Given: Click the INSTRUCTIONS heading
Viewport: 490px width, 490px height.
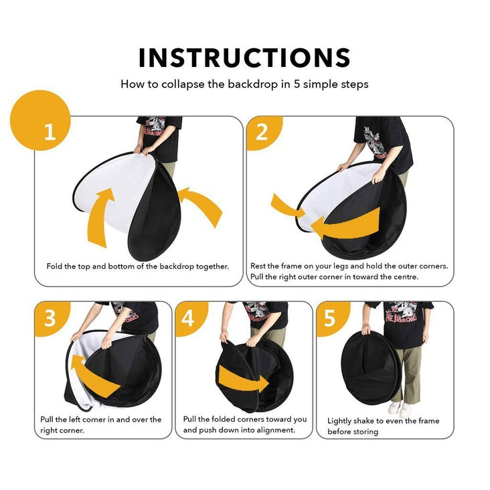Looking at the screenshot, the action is [x=244, y=58].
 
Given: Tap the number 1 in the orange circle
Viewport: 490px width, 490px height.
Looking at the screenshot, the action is [x=50, y=132].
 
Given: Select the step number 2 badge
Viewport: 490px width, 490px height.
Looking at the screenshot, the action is [x=264, y=133].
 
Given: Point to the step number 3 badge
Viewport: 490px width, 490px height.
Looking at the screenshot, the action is [x=52, y=319].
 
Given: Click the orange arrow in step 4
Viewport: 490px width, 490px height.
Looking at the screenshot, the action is [x=243, y=379].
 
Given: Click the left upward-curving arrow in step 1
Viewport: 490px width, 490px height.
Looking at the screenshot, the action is [x=98, y=216].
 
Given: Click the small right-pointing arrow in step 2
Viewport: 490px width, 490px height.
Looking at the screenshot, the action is [x=287, y=206].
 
